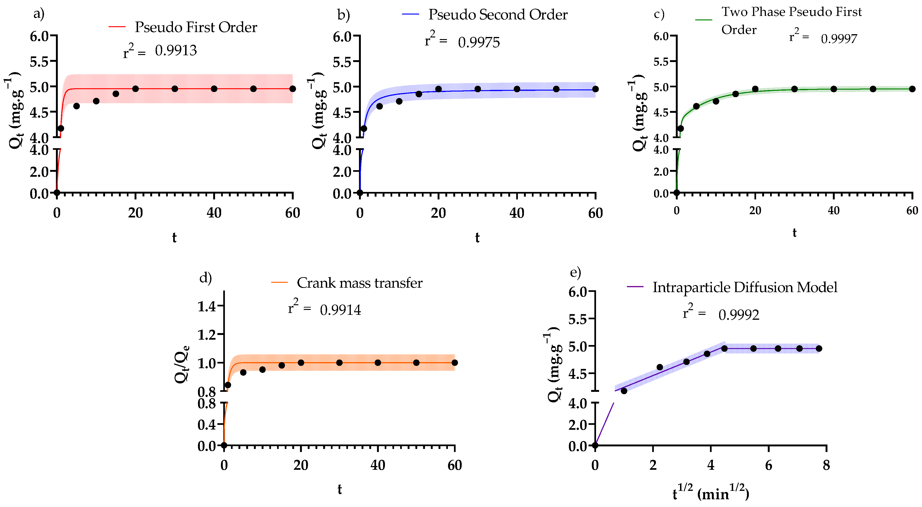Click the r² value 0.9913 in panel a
click(x=176, y=51)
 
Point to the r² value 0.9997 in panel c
click(x=839, y=39)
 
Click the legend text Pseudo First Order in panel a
click(x=196, y=27)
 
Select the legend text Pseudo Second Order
click(x=498, y=15)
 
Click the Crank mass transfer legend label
click(x=359, y=283)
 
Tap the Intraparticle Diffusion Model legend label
click(x=745, y=287)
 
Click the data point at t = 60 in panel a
click(x=293, y=89)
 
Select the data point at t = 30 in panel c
click(x=794, y=89)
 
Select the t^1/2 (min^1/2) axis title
click(x=710, y=493)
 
